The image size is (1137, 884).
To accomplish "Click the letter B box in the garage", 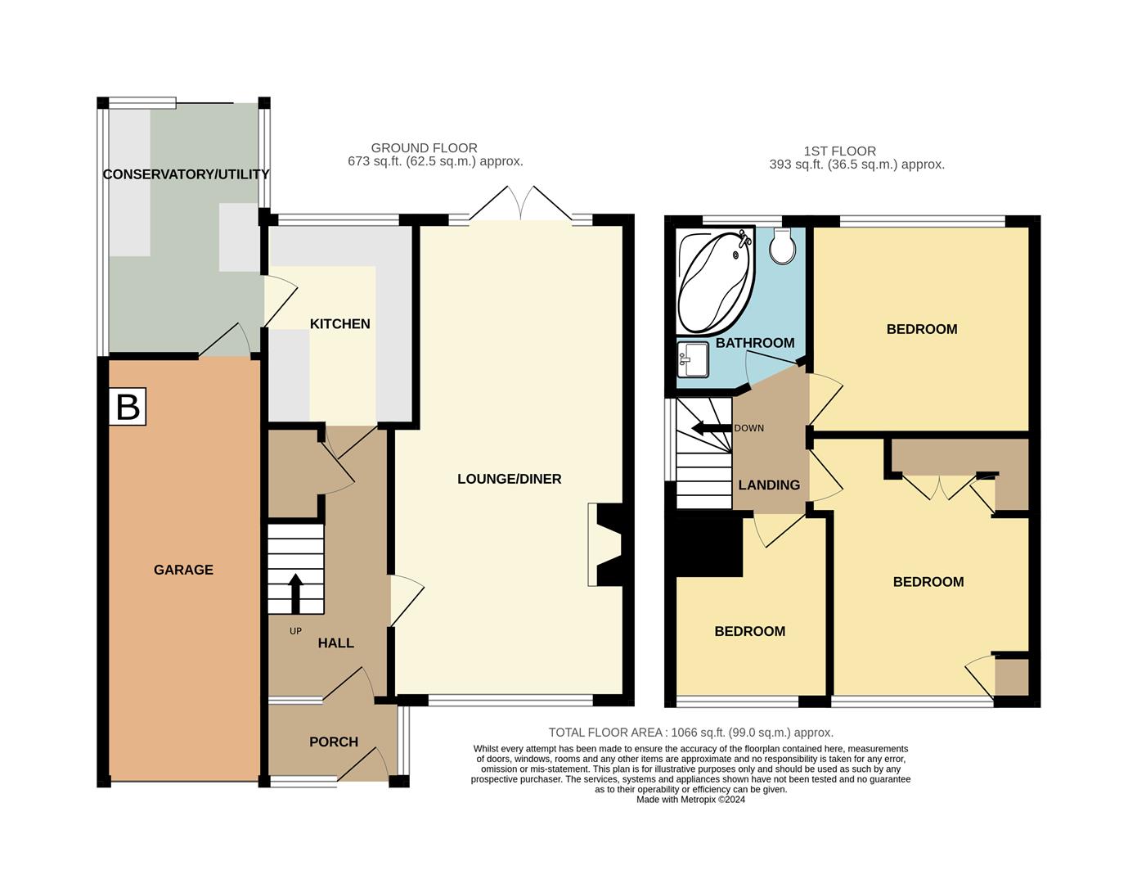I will pos(128,407).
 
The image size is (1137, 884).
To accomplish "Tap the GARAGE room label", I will pos(183,570).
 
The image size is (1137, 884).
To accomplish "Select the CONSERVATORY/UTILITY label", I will pos(186,174).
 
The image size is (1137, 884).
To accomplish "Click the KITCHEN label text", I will pos(339,324).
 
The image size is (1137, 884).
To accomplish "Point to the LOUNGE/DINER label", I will pos(509,479).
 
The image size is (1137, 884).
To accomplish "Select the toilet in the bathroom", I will pos(783,246).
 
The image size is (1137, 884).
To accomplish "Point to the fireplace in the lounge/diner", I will pos(605,545).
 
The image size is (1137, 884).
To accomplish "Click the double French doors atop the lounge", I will pos(520,205).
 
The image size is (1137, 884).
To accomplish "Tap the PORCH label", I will pos(334,742).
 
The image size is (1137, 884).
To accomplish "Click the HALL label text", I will pos(335,643).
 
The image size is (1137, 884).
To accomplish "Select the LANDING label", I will pos(769,485).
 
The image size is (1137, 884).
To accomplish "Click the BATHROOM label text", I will pos(755,343).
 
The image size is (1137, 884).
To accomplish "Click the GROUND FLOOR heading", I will pos(424,148).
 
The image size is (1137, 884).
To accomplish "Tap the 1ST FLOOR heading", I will pos(839,151).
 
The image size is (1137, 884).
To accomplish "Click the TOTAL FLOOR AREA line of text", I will pos(690,733).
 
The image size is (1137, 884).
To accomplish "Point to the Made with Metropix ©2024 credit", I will pos(690,800).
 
